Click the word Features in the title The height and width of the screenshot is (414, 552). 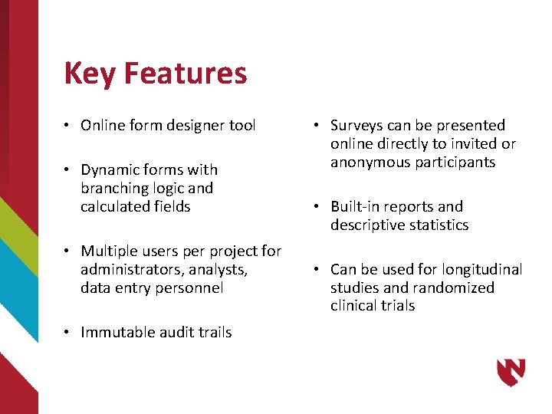(185, 74)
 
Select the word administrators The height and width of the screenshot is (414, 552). (127, 270)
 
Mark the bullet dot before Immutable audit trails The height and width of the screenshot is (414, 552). (68, 333)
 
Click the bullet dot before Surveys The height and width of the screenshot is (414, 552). (318, 126)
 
